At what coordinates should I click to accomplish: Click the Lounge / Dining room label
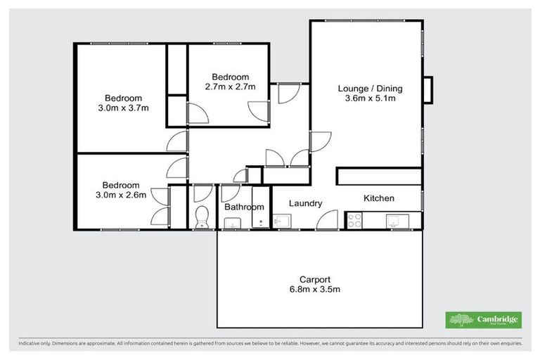[370, 89]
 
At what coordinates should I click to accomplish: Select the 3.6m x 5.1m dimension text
[370, 99]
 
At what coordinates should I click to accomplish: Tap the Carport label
[314, 278]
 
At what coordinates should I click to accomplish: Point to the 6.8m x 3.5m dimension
[314, 289]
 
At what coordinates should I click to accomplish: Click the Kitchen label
[378, 198]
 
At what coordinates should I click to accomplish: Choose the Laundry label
[306, 203]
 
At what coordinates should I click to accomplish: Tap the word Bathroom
[244, 207]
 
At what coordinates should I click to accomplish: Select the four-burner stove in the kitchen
[354, 222]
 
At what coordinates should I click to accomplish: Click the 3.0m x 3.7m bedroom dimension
[124, 109]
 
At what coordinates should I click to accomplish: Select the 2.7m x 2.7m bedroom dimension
[230, 87]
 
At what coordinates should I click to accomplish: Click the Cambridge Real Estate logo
[484, 320]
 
